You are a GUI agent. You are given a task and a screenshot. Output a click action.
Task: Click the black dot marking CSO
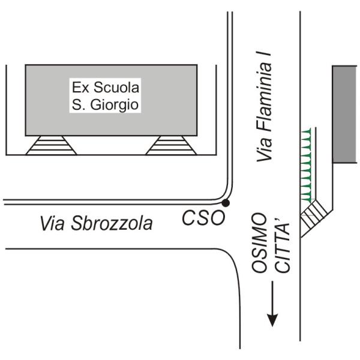coord(225,204)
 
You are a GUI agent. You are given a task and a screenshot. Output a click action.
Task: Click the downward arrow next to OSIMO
coord(273,306)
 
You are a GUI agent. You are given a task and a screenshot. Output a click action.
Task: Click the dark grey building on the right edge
coord(344,114)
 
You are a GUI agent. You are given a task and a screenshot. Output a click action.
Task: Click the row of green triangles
coord(307,164)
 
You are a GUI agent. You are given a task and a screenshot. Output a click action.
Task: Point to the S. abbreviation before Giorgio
coord(75,104)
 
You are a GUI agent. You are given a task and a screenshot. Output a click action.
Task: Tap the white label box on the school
coord(106,96)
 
